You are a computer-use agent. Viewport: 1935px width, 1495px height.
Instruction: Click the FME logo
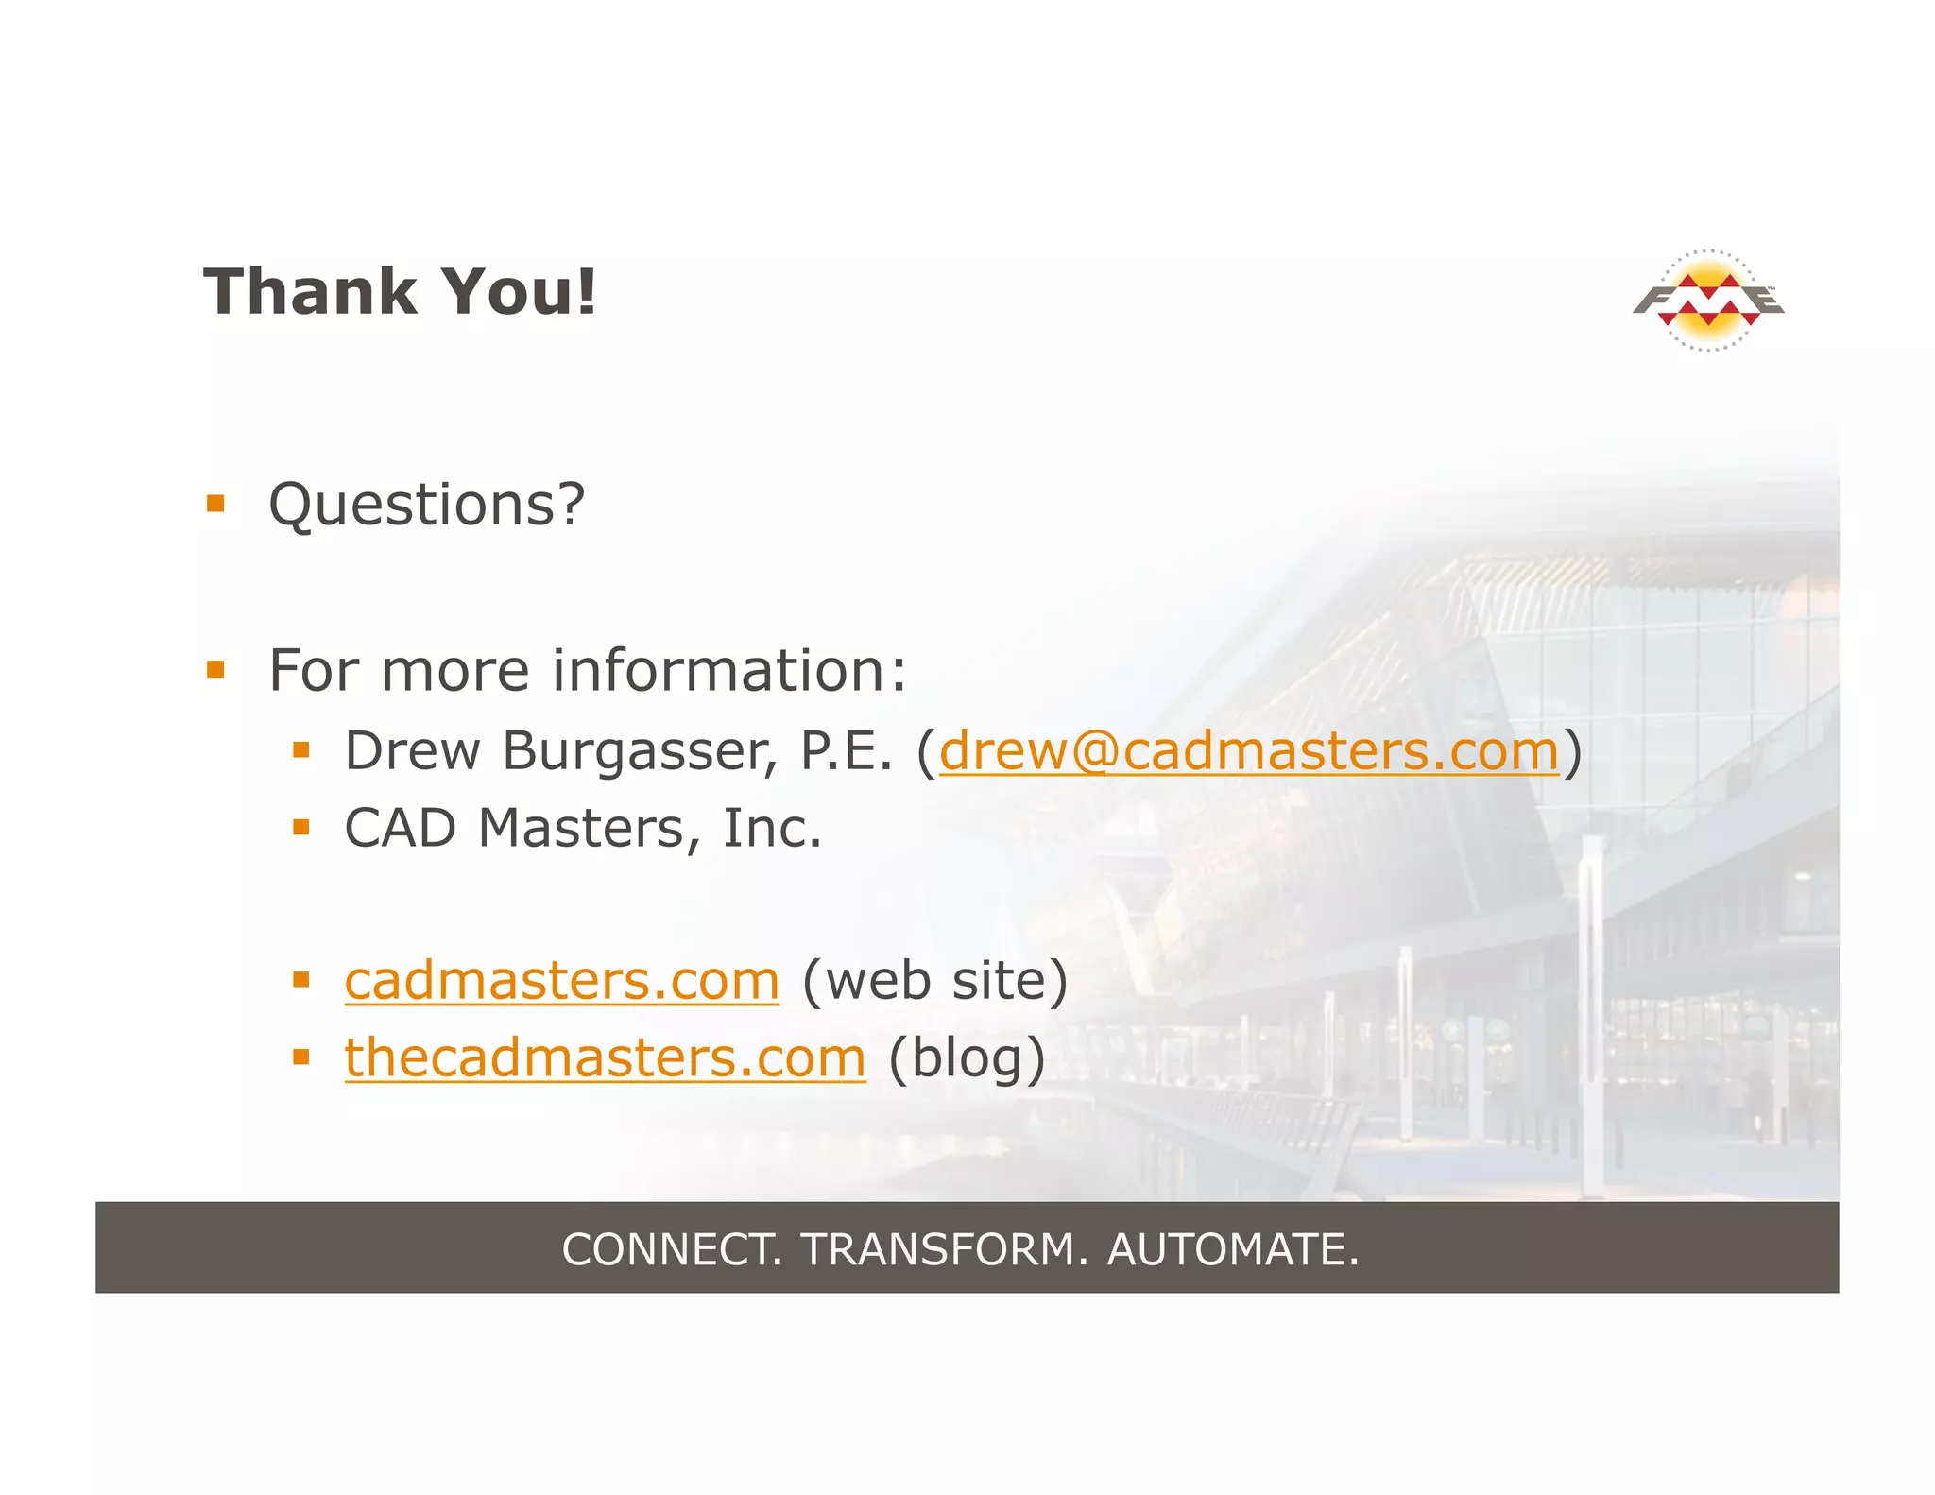tap(1708, 300)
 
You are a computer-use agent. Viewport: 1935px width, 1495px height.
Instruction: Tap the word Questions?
tap(427, 505)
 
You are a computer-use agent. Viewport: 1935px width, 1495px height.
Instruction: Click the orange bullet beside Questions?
tap(216, 504)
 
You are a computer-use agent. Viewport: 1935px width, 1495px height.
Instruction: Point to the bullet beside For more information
tap(216, 670)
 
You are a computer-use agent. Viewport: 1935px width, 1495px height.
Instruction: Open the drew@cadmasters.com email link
tap(1248, 751)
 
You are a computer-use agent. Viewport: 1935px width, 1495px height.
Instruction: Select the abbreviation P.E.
tap(846, 751)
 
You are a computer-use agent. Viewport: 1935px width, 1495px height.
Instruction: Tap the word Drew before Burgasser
tap(412, 751)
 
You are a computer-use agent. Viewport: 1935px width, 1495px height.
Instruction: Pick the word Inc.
tap(772, 829)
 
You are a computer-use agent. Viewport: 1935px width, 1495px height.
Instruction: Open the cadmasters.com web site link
tap(562, 981)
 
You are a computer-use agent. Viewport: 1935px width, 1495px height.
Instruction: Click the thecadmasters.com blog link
tap(605, 1057)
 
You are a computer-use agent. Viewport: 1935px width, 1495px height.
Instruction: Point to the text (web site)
tap(934, 981)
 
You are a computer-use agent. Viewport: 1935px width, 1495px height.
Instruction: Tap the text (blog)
tap(967, 1058)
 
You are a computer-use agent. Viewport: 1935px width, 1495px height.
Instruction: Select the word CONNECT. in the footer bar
tap(672, 1249)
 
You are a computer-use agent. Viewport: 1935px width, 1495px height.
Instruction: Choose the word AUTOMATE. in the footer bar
tap(1233, 1249)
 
